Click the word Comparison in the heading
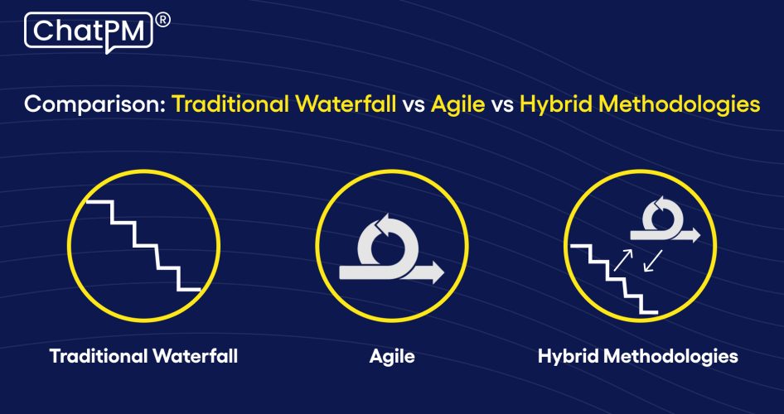click(x=94, y=105)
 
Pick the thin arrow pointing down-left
click(x=654, y=262)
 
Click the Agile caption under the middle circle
click(x=392, y=357)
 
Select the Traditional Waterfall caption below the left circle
click(x=143, y=357)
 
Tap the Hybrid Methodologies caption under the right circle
click(x=637, y=357)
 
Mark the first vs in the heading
click(x=413, y=106)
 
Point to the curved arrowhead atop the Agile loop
click(x=382, y=221)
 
